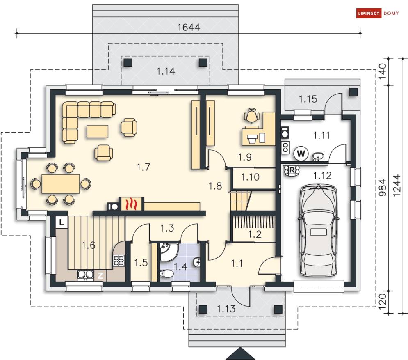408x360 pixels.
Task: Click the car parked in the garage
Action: click(318, 230)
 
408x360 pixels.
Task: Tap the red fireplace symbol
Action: click(131, 204)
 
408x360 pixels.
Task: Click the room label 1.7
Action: click(143, 167)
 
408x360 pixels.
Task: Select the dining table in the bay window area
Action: click(61, 183)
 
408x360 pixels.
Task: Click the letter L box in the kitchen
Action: click(61, 222)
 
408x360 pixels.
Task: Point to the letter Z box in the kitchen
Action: click(100, 275)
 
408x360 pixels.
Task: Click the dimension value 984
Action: click(383, 188)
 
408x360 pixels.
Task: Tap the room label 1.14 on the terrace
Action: click(166, 71)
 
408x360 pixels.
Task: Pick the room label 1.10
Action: click(250, 178)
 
